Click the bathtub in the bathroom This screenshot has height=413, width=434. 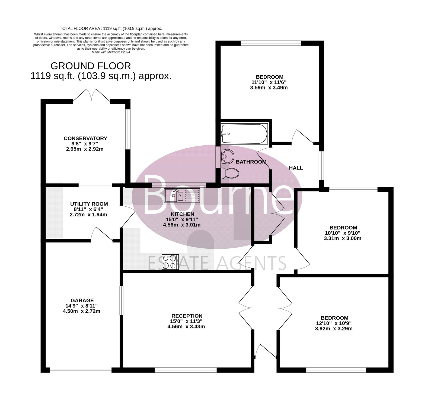coord(244,134)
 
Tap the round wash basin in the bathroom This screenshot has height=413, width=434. coord(227,156)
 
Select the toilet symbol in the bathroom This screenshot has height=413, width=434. coord(229,173)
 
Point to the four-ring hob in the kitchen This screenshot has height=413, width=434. coord(170,262)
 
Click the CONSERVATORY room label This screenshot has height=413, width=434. coord(85,138)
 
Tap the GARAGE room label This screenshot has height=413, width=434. coord(82,300)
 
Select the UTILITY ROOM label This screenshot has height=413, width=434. coord(89,204)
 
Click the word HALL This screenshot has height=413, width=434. coord(296,168)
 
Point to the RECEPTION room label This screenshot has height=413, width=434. coord(187,316)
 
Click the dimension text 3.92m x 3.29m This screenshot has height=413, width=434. coord(334,329)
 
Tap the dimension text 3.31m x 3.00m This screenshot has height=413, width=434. coord(343,238)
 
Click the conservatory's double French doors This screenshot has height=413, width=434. coord(91,96)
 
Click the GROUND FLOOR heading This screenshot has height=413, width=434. coord(91,66)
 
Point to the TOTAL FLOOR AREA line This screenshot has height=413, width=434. coord(111,28)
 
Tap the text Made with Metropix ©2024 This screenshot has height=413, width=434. coord(111,52)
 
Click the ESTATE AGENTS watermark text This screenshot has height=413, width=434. coord(217,263)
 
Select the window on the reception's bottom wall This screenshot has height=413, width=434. coord(186,370)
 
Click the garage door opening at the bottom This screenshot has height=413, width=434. coord(81,370)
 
